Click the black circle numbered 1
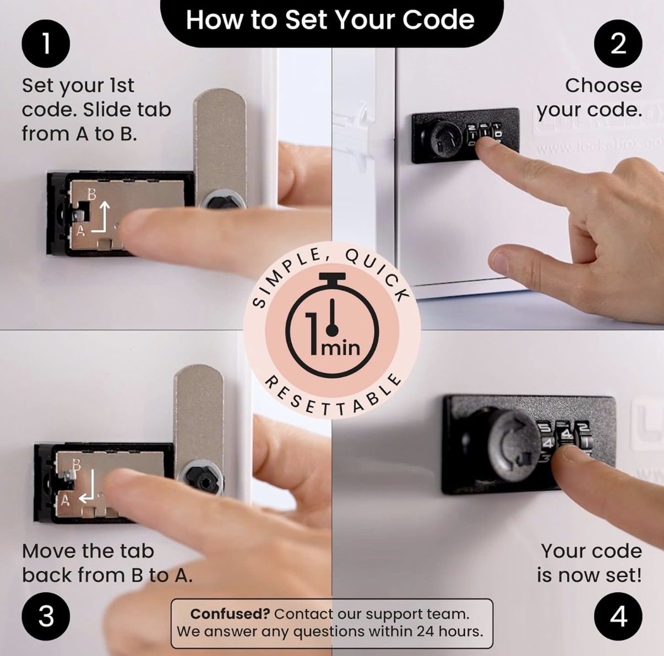(46, 44)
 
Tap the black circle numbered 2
(618, 44)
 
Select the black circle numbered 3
(46, 617)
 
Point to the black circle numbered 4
(618, 617)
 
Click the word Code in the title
(438, 20)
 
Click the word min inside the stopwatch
(340, 348)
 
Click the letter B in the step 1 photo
(91, 195)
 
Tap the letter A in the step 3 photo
(65, 500)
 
